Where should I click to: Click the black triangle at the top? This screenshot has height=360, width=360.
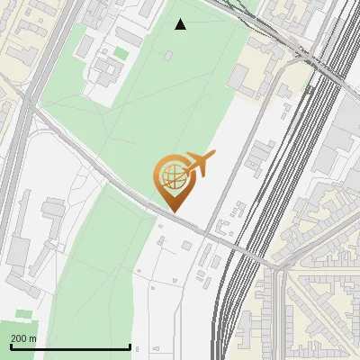181,24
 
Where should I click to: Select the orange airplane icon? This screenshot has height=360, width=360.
198,164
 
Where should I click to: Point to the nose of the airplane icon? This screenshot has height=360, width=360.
213,154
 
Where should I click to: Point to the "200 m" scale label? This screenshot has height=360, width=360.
24,338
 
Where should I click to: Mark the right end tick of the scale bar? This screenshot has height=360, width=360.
130,346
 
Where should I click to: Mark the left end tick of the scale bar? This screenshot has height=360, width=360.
11,346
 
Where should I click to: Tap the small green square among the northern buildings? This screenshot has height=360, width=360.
120,54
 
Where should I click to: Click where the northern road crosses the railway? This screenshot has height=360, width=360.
310,58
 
